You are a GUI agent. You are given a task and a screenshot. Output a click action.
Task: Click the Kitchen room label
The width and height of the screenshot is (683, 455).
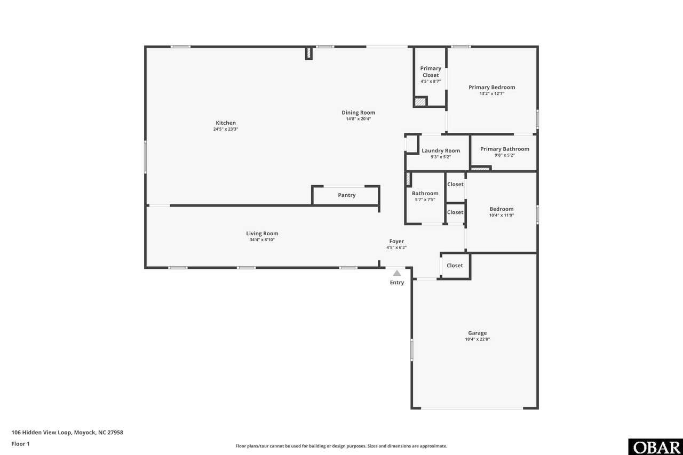(x=226, y=123)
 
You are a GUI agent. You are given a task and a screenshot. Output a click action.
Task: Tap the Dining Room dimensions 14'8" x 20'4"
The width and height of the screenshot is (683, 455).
(x=358, y=119)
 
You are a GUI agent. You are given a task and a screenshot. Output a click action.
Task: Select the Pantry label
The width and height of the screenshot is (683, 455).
(x=347, y=195)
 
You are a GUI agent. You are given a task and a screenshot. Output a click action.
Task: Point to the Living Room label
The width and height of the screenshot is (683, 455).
(x=262, y=234)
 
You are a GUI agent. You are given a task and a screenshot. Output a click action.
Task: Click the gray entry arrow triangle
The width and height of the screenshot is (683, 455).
(x=396, y=273)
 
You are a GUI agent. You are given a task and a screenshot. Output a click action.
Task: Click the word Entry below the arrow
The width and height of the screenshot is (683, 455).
(x=396, y=283)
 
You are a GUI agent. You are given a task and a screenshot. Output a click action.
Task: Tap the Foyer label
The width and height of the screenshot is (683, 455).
(x=396, y=241)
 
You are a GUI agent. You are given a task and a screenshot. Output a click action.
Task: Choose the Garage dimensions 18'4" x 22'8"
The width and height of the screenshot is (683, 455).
(x=477, y=339)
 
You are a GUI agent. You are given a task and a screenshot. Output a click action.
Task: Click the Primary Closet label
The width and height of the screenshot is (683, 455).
(x=431, y=71)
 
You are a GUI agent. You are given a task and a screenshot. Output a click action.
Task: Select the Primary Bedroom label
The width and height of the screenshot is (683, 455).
(x=492, y=87)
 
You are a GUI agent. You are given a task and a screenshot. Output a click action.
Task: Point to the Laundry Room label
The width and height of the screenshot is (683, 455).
(x=441, y=150)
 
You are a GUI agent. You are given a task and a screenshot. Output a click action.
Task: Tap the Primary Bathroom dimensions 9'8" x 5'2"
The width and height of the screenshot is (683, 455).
(x=505, y=155)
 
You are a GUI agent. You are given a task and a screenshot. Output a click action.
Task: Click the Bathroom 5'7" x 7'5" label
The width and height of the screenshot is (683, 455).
(x=425, y=196)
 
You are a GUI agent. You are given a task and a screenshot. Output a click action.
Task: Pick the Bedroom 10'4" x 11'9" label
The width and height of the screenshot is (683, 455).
(x=502, y=212)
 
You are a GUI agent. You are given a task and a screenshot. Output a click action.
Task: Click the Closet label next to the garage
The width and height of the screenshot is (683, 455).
(x=455, y=266)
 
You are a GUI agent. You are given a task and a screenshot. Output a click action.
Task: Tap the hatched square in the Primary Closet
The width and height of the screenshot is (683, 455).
(x=420, y=101)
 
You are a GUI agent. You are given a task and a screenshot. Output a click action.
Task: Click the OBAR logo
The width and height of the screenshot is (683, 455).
(x=656, y=447)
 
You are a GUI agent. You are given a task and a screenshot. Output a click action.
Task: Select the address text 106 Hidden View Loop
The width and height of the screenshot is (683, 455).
(x=41, y=433)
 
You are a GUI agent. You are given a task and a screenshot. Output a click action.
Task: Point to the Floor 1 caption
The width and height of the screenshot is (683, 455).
(x=20, y=444)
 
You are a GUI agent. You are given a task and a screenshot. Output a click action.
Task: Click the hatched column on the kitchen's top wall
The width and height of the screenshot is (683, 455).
(x=308, y=53)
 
